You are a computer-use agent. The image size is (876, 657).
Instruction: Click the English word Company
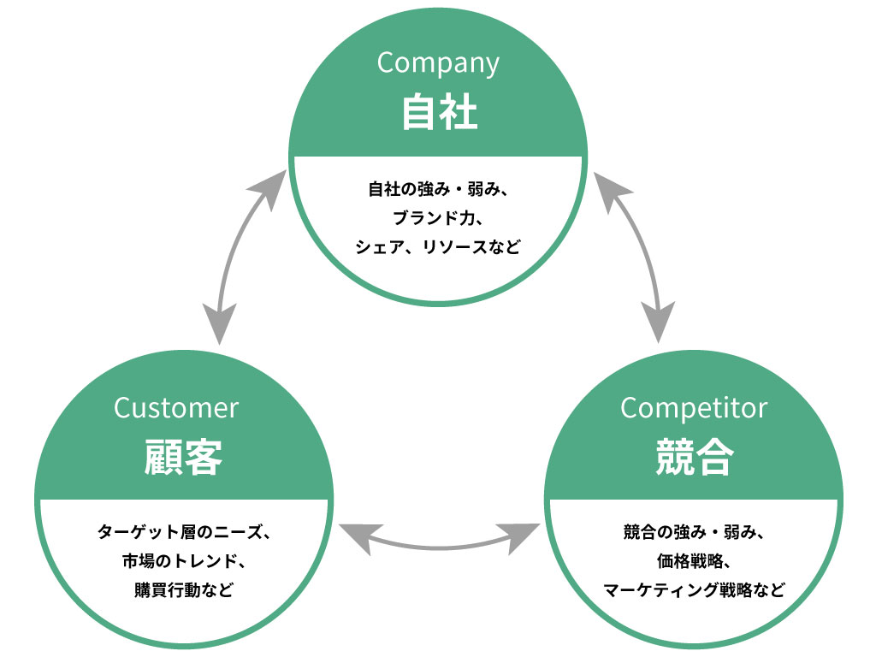pos(437,64)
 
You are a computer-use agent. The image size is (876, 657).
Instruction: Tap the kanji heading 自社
pos(438,112)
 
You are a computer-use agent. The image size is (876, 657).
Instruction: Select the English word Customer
pos(176,408)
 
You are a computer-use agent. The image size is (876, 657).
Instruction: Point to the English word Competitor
pos(694,408)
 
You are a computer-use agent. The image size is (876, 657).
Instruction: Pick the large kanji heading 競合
pos(694,457)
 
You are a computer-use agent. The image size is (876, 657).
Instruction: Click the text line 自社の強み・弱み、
pos(438,188)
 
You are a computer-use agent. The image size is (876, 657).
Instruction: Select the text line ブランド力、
pos(438,217)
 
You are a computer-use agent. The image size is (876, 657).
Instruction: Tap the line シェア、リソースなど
pos(438,246)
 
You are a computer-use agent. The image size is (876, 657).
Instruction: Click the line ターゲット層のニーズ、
pos(182,532)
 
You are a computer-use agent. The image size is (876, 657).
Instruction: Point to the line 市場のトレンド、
pos(182,561)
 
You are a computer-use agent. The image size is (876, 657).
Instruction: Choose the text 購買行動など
pos(182,590)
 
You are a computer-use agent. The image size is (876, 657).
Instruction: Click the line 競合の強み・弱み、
pos(694,532)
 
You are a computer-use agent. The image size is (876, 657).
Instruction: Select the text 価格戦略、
pos(694,561)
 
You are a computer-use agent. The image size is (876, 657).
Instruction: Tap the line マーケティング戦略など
pos(694,590)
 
